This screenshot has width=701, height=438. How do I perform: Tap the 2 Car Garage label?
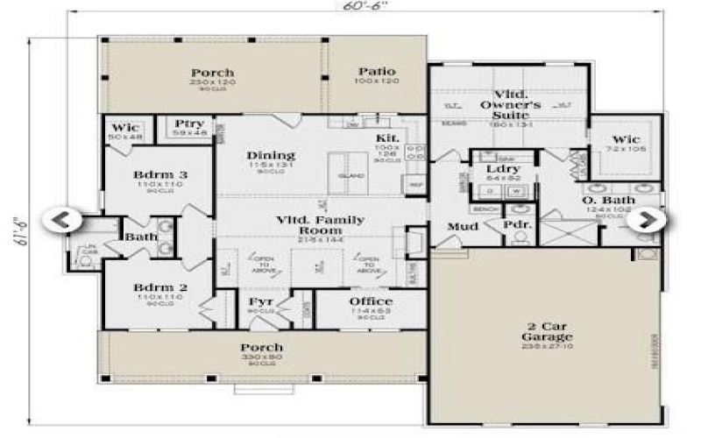[x=544, y=330]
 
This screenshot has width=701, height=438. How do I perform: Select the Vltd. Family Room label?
[x=320, y=225]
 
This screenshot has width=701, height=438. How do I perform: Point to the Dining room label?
[x=270, y=156]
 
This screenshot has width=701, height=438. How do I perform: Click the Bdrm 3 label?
[x=160, y=175]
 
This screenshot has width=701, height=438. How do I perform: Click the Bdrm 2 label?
[x=160, y=287]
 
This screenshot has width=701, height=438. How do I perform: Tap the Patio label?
[x=377, y=72]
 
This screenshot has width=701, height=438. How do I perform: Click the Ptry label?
[x=189, y=124]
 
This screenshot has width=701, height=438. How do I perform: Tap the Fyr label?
[x=262, y=302]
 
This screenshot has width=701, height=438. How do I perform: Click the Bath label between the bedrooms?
[x=140, y=237]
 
